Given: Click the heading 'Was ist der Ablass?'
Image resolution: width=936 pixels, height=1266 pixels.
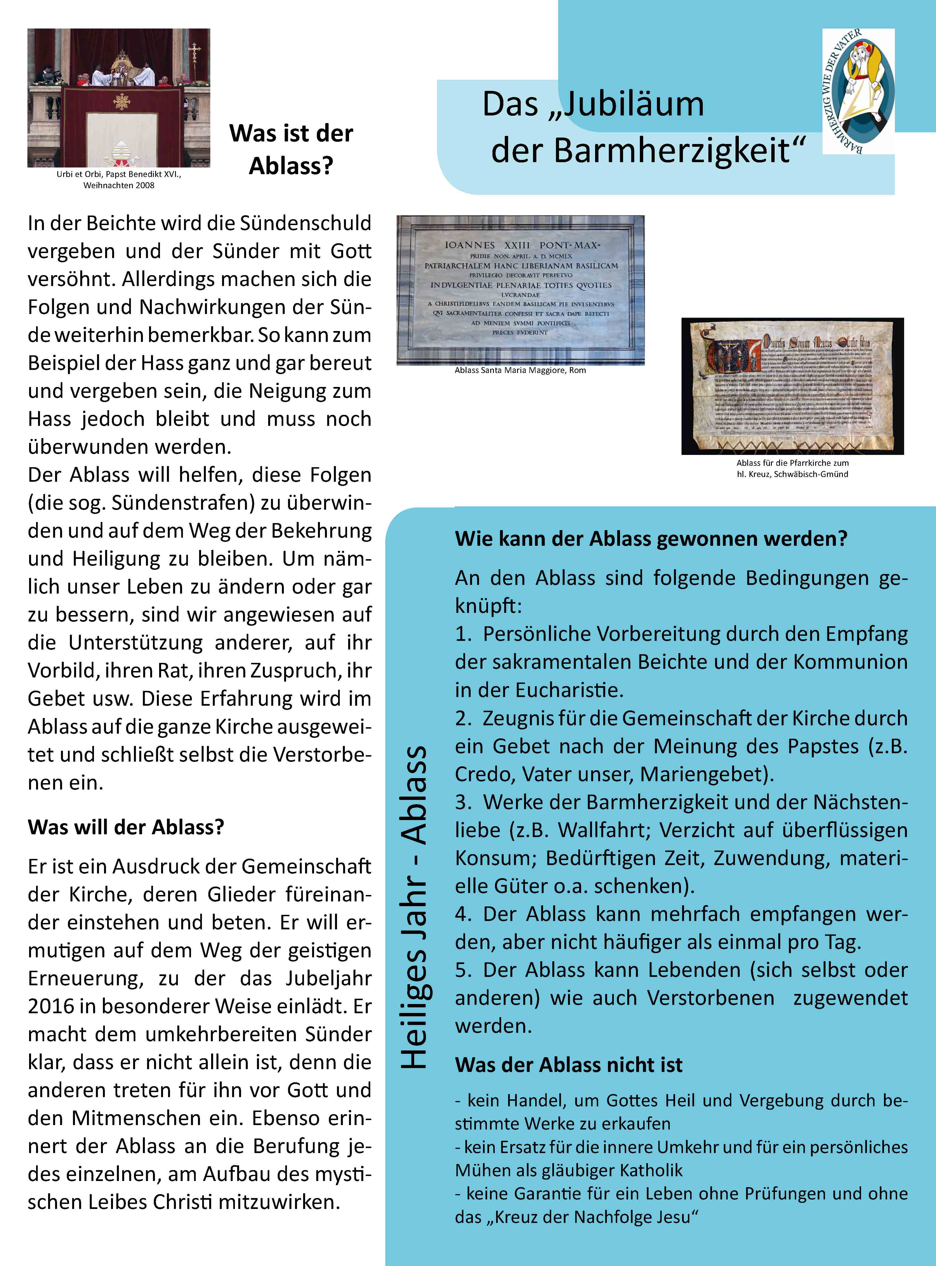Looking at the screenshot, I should (291, 150).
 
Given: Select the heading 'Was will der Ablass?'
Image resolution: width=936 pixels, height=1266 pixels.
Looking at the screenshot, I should (126, 827).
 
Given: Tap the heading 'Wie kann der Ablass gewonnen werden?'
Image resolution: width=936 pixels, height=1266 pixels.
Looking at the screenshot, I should (650, 538).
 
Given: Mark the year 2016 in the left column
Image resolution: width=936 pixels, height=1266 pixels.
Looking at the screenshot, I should (51, 1006).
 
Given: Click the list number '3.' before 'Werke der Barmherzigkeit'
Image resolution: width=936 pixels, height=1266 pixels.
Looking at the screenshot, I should (463, 802).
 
